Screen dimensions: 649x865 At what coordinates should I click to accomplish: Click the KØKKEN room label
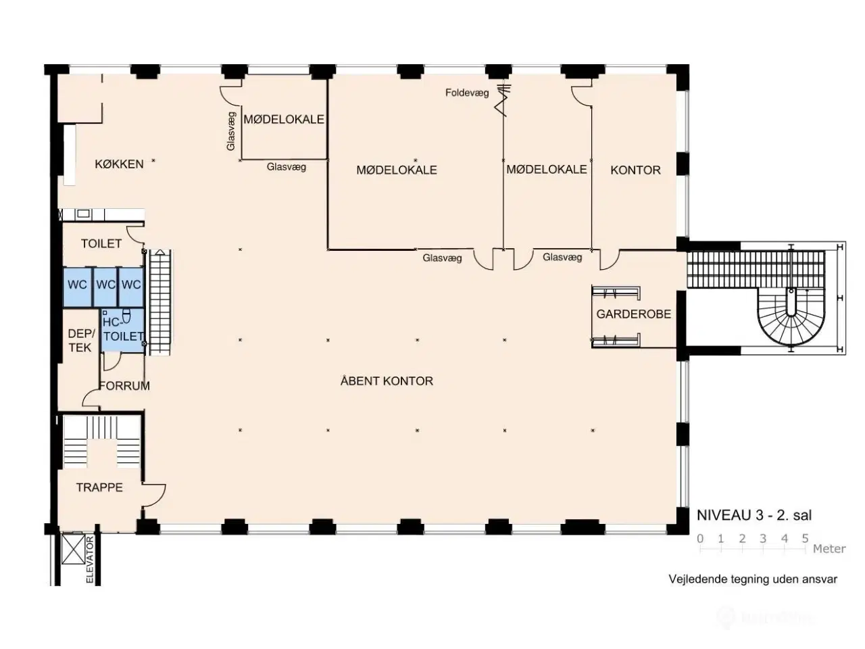119,164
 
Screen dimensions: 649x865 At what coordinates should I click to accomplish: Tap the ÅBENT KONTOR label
387,381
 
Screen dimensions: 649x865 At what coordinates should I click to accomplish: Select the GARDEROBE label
633,314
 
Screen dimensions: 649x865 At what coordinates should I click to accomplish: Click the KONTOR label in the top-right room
635,170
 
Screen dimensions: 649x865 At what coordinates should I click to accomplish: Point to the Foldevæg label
467,93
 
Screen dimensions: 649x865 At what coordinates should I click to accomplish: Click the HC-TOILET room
123,330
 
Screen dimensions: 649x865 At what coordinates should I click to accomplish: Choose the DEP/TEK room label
80,341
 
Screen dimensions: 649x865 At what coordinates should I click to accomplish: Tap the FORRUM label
124,386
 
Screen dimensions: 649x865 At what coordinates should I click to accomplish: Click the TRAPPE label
99,487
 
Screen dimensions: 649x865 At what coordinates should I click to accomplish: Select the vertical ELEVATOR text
89,559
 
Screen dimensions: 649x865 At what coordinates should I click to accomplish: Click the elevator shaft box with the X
71,548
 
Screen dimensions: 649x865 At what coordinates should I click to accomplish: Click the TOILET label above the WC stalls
101,243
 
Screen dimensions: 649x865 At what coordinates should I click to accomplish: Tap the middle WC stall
105,285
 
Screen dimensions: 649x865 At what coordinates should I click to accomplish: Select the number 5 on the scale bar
805,539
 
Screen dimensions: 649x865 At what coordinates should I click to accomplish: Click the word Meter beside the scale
829,549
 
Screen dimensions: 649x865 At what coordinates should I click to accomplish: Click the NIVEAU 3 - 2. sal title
754,515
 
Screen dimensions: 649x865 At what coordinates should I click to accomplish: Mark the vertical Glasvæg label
231,130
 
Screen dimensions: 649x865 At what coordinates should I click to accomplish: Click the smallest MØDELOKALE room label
284,120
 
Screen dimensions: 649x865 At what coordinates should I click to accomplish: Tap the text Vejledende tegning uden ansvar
753,579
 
